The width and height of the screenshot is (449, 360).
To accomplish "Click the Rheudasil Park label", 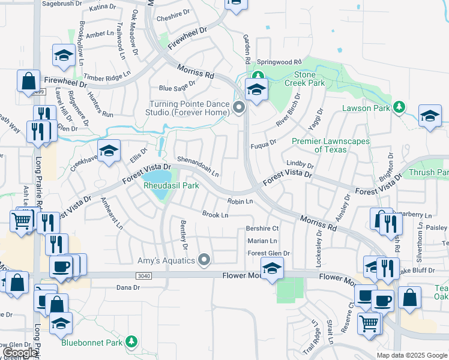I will (171, 186).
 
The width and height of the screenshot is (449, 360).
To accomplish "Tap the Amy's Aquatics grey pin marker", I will (205, 260).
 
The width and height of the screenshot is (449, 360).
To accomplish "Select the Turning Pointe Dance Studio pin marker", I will (239, 108).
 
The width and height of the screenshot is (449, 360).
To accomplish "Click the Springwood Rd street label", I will (279, 62).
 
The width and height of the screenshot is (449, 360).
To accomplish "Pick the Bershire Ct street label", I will (263, 229).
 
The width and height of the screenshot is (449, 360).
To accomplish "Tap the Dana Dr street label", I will (128, 287).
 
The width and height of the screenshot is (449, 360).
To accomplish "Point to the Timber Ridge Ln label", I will (107, 76).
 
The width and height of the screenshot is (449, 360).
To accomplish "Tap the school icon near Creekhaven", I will (109, 151).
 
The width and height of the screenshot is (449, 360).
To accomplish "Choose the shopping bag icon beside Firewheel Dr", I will (28, 80).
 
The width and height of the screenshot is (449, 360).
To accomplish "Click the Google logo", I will (20, 353).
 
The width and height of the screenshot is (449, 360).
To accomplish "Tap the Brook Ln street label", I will (215, 214).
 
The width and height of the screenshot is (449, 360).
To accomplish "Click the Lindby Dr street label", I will (300, 163).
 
